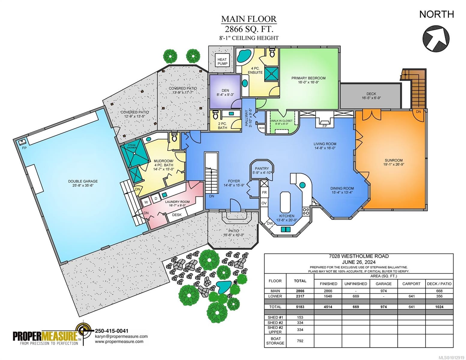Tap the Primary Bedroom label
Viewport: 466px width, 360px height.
tap(308, 78)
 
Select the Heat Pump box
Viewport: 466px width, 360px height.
tap(222, 61)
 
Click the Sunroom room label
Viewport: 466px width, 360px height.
tap(393, 160)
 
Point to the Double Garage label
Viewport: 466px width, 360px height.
tap(83, 181)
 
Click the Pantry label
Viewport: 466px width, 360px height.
tap(262, 169)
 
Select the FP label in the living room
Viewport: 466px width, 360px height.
tap(324, 126)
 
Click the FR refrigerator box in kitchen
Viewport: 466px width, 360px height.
tap(264, 192)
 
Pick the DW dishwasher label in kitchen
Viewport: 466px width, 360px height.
tap(270, 223)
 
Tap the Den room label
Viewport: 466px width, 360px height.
tap(225, 90)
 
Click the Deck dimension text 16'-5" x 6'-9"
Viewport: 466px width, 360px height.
tap(371, 98)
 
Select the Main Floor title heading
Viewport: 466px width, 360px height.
tap(249, 19)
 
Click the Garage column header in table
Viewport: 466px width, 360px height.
tap(383, 283)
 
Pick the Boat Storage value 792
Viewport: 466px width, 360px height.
tap(300, 341)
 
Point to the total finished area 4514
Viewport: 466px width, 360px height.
tap(328, 307)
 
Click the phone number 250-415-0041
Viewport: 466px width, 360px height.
tap(112, 331)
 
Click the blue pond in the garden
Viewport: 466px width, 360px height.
tap(223, 287)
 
